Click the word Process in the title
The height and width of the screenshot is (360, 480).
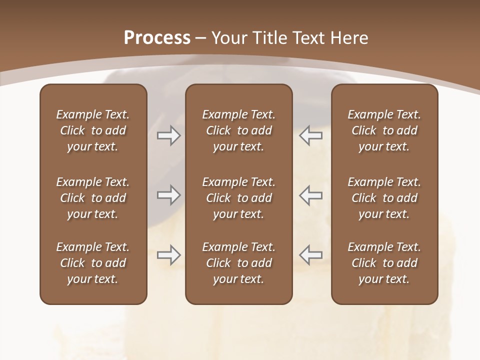[157, 37]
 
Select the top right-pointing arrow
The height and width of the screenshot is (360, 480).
[169, 135]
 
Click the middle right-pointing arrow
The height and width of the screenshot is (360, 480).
[169, 195]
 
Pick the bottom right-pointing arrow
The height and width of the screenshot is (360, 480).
[169, 255]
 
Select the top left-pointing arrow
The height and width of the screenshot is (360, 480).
[311, 135]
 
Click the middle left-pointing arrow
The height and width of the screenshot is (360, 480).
[311, 195]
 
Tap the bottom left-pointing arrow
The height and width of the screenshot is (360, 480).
[311, 255]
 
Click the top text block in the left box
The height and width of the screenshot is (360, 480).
[93, 130]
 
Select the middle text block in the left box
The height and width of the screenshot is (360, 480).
[93, 198]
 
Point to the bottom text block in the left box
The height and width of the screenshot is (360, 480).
[93, 263]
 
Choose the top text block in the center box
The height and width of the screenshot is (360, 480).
[238, 130]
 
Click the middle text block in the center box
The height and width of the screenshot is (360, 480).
[238, 198]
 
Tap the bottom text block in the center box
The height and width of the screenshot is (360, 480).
[238, 263]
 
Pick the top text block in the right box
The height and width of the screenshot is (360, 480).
[384, 130]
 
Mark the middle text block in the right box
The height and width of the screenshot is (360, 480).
[384, 198]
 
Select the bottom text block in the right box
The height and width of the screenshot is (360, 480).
[384, 263]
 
